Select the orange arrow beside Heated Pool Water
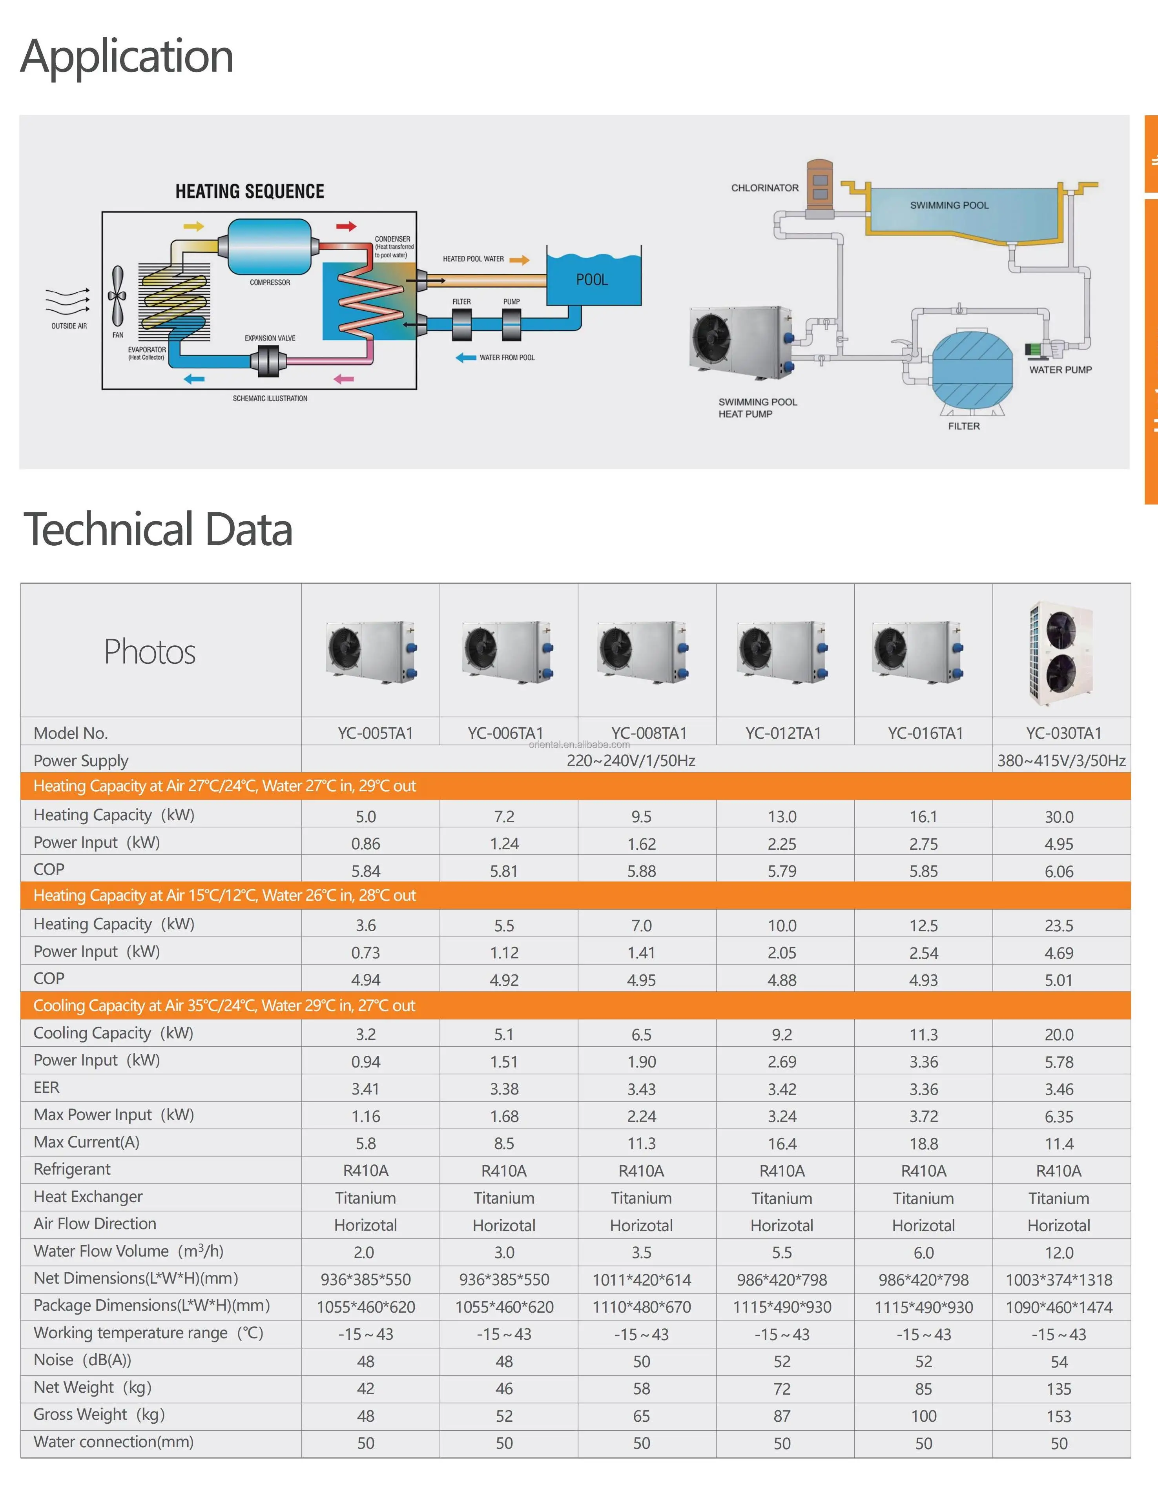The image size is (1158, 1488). point(520,260)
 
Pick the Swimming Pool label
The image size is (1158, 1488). point(949,205)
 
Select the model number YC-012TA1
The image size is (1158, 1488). point(783,733)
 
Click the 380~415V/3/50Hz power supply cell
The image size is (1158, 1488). point(1061,760)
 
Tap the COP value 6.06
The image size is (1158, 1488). point(1058,871)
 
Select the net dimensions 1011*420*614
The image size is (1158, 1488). point(641,1280)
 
